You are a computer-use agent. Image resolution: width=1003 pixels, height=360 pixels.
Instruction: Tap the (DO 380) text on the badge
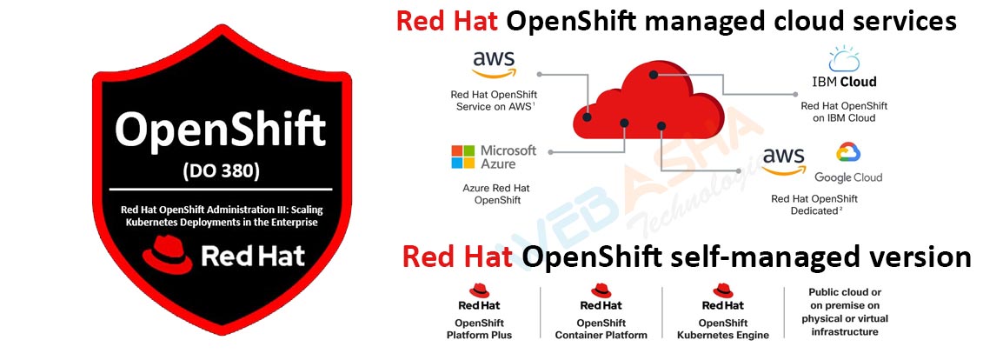pos(221,170)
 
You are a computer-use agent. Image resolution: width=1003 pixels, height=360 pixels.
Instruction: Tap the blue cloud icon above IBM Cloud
pos(843,59)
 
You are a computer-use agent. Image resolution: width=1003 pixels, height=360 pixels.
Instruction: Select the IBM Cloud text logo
pos(844,83)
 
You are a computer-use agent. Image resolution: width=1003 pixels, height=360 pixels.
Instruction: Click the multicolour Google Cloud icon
pos(847,154)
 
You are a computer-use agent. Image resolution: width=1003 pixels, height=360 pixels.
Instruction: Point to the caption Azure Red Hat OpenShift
pos(493,194)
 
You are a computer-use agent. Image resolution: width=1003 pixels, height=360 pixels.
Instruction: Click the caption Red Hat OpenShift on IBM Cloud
pos(844,111)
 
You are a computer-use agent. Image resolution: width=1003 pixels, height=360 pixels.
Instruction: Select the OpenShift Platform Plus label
pos(479,329)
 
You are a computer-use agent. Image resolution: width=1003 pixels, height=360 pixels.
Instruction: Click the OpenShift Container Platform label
pos(601,329)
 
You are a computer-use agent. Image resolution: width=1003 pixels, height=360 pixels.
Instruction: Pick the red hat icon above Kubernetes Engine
pos(722,290)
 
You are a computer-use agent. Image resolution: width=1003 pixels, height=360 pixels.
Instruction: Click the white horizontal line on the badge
pos(221,189)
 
